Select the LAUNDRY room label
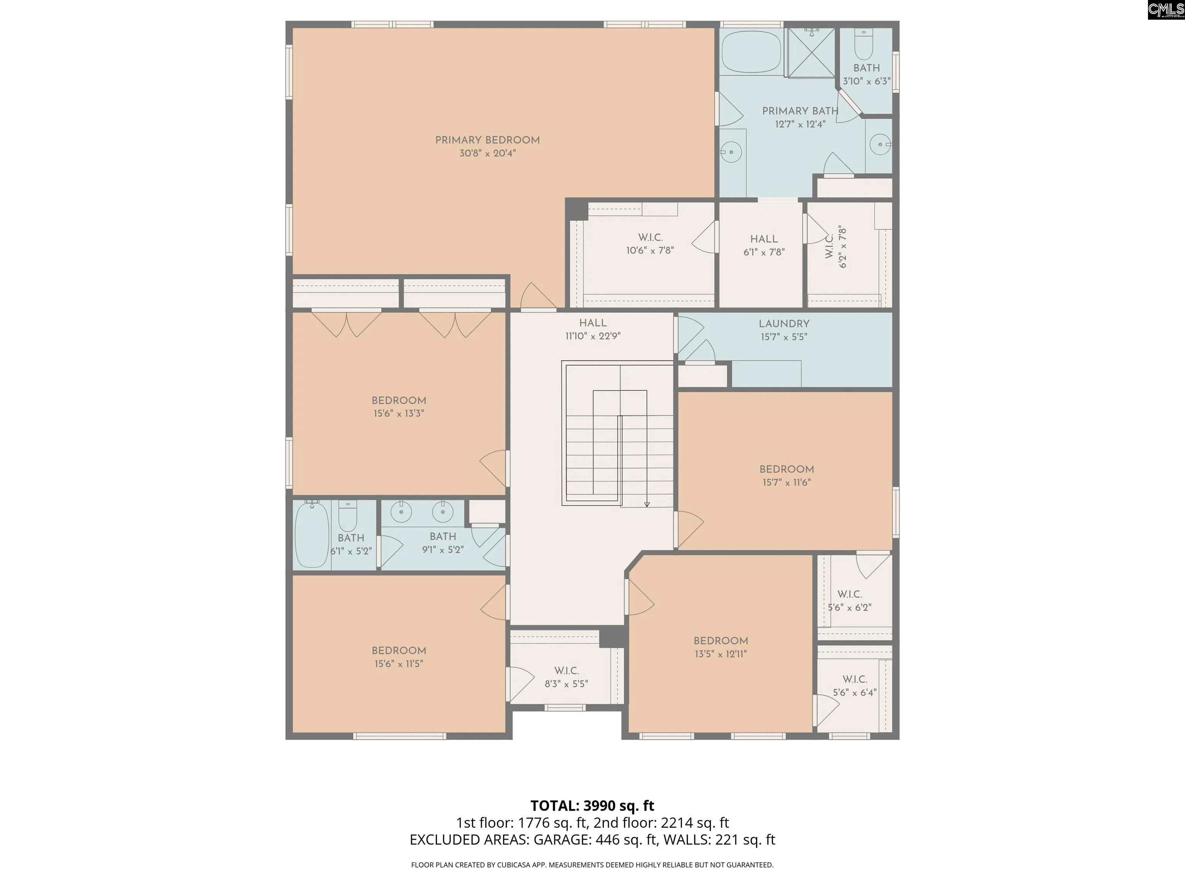[784, 324]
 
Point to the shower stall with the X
[811, 52]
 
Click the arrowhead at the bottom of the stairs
[647, 504]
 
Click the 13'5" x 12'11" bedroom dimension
[721, 654]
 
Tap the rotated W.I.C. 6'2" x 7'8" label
[836, 247]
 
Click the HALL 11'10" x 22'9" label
[592, 330]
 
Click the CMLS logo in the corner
[1166, 10]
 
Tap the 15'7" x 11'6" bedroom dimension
[787, 482]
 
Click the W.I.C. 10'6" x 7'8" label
[650, 244]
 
